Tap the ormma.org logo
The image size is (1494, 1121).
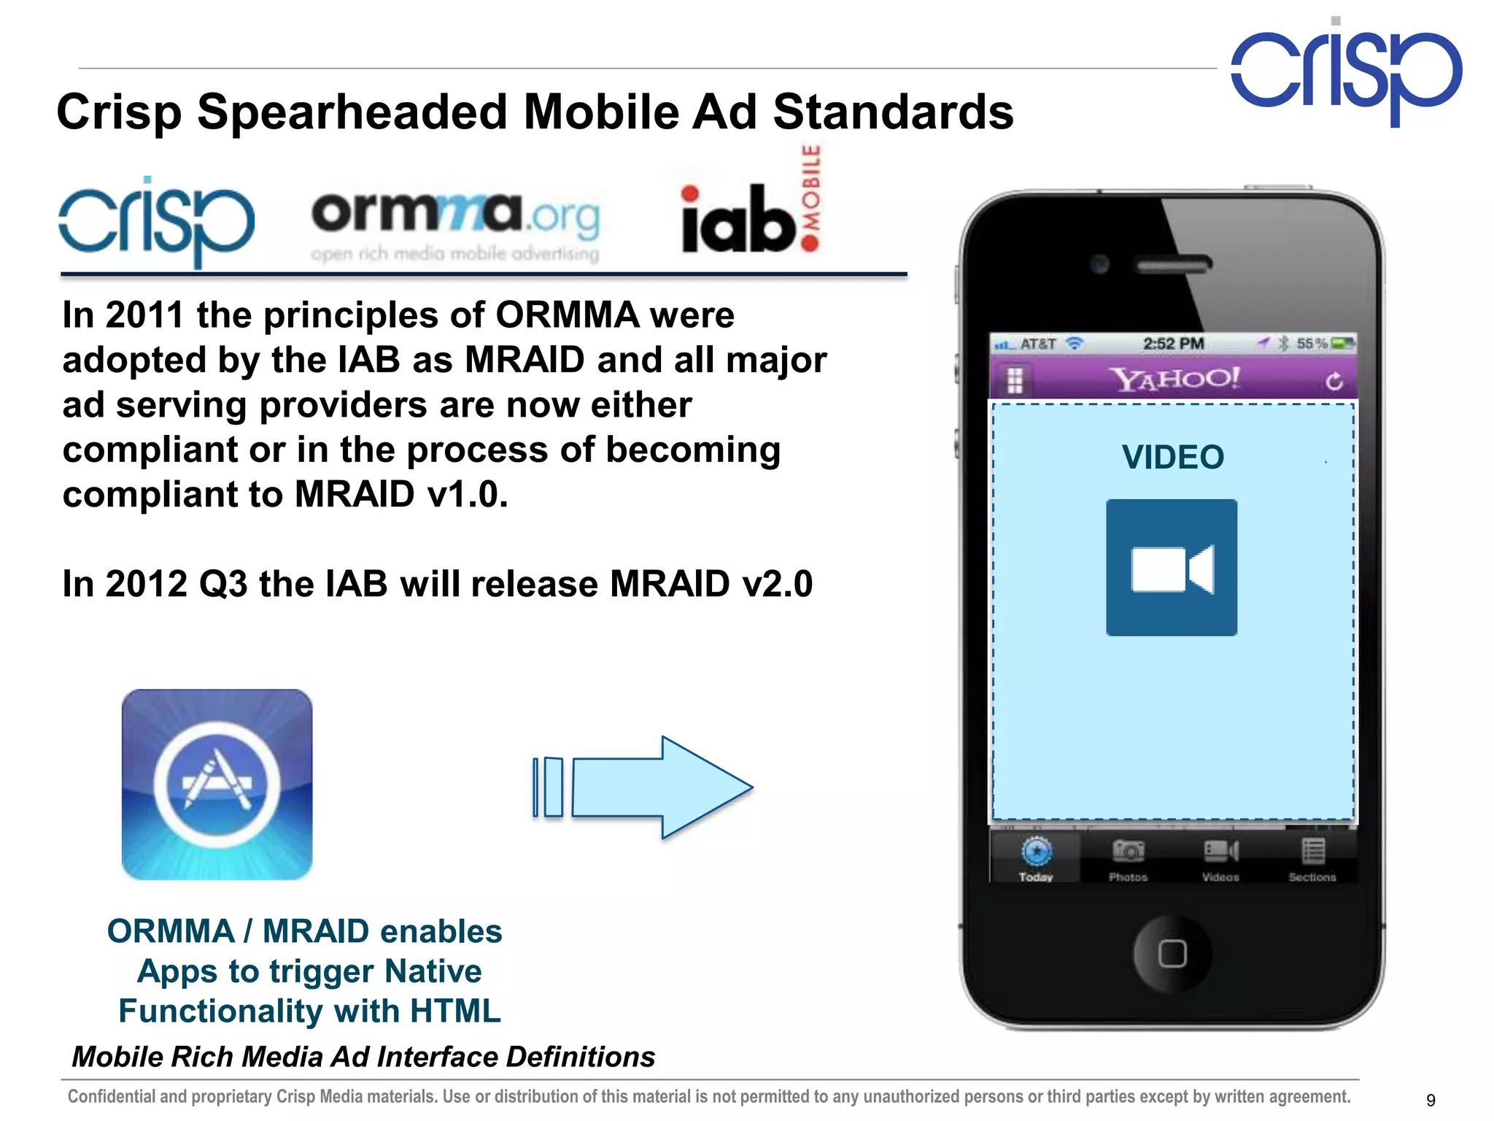coord(455,223)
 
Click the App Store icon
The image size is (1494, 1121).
coord(217,784)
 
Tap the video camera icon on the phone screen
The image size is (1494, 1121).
coord(1172,568)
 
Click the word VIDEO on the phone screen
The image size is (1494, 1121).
coord(1172,458)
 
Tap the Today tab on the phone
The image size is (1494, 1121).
coord(1036,859)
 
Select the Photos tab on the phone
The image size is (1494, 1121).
coord(1128,859)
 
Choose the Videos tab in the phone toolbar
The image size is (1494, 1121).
coord(1220,859)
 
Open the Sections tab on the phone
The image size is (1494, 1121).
coord(1312,859)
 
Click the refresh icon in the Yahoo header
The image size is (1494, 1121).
coord(1334,381)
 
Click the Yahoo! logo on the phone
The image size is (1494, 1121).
coord(1174,379)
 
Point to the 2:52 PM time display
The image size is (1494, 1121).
coord(1173,343)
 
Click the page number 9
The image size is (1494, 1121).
coord(1431,1100)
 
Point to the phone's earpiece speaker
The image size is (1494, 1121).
coord(1173,265)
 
